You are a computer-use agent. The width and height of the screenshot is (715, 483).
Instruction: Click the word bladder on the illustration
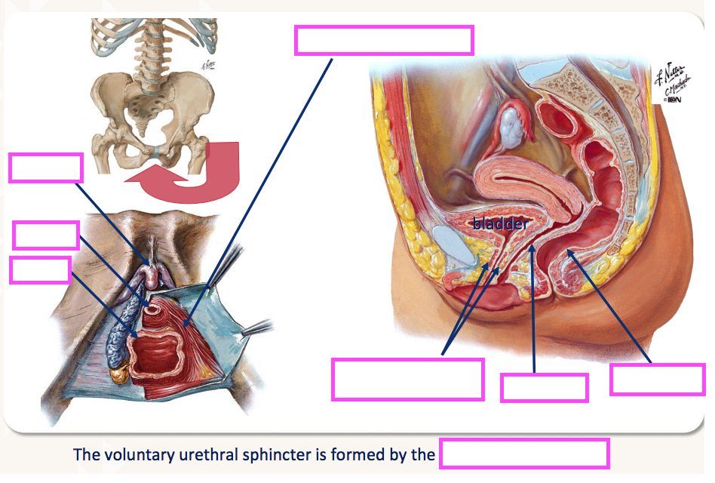point(500,224)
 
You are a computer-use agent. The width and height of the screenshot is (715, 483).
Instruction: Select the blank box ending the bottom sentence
point(524,455)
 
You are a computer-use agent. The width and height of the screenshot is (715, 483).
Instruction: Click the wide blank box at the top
point(384,40)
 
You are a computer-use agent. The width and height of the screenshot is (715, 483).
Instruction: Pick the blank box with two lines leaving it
point(407,379)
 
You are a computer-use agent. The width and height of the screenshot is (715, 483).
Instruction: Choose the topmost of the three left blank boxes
point(45,168)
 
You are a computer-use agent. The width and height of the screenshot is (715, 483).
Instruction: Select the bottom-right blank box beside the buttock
point(657,380)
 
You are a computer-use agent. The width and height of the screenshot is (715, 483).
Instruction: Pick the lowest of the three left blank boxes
point(41,270)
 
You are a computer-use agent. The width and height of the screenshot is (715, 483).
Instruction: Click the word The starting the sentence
point(85,455)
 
